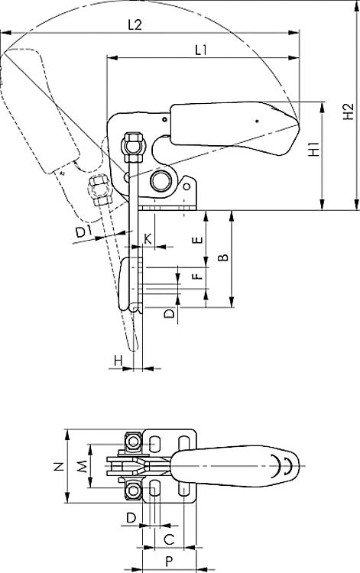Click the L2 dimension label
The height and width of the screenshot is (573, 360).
click(135, 25)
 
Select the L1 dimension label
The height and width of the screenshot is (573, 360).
click(201, 50)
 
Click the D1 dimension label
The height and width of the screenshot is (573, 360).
click(83, 231)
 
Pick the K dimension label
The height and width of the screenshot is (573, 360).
click(148, 239)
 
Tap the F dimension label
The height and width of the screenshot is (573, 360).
click(198, 276)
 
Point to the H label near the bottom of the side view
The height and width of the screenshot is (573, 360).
click(118, 361)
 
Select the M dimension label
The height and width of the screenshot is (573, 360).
click(83, 466)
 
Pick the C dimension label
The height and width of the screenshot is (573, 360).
click(169, 539)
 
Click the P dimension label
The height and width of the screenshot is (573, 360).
click(169, 562)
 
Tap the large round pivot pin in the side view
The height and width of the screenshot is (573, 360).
click(161, 180)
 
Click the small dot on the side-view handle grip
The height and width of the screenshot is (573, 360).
click(258, 121)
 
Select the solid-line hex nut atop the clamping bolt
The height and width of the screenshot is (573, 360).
click(133, 139)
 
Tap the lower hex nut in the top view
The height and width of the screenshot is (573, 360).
click(133, 490)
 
